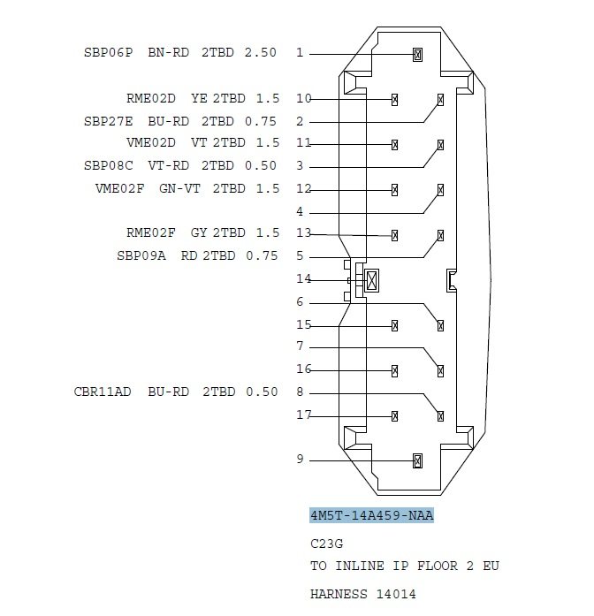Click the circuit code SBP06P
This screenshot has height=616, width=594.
[x=109, y=53]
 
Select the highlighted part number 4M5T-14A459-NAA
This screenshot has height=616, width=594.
[x=371, y=515]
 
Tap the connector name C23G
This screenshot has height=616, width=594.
[x=326, y=544]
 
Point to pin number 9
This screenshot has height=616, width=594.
[x=301, y=459]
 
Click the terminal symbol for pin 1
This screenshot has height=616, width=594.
[x=417, y=55]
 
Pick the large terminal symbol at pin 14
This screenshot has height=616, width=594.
[x=371, y=280]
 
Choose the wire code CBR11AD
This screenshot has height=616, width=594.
[x=103, y=392]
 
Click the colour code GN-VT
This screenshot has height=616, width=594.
[x=180, y=188]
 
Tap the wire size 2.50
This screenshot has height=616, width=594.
[x=261, y=53]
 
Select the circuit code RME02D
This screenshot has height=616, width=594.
[x=151, y=98]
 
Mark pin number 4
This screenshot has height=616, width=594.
[x=300, y=211]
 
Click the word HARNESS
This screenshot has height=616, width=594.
[x=339, y=594]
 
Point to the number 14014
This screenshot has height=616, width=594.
[x=396, y=594]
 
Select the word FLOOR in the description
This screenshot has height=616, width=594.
[x=438, y=567]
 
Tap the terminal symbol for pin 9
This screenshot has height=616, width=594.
[x=417, y=460]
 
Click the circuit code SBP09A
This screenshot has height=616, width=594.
[x=141, y=255]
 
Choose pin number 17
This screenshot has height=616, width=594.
[x=304, y=414]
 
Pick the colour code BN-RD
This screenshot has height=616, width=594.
[x=169, y=53]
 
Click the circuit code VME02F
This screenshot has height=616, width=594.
[x=120, y=188]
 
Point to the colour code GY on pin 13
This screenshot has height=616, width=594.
[x=199, y=233]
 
